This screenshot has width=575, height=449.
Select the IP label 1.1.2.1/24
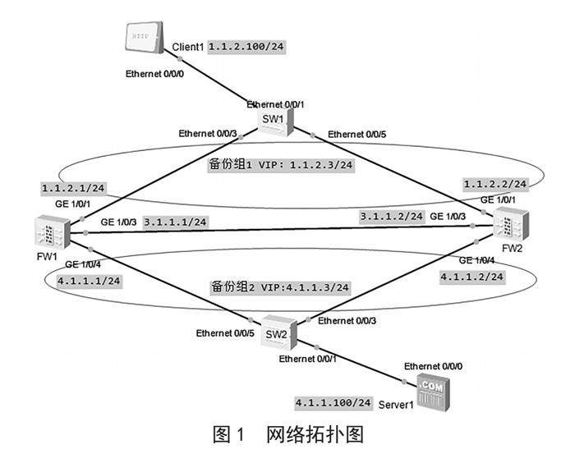pyautogui.click(x=73, y=188)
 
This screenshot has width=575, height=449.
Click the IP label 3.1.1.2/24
pyautogui.click(x=392, y=216)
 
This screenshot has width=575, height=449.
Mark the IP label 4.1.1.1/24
pyautogui.click(x=88, y=280)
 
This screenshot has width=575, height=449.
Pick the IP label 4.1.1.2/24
pyautogui.click(x=471, y=277)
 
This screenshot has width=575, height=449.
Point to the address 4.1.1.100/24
pyautogui.click(x=333, y=403)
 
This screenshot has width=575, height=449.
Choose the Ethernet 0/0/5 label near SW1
pyautogui.click(x=358, y=135)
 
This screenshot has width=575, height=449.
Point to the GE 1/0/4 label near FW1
pyautogui.click(x=82, y=264)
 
